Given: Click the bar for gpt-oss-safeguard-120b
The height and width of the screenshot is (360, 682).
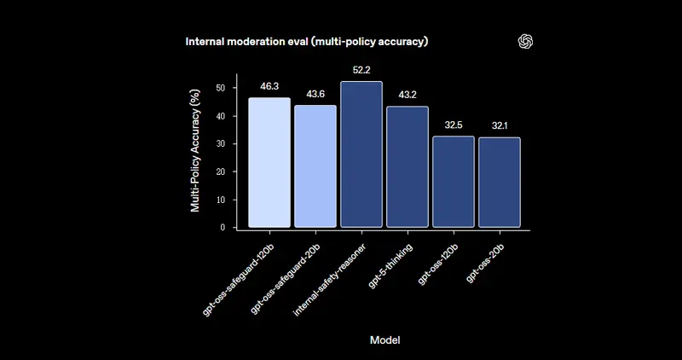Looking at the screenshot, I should click(269, 162).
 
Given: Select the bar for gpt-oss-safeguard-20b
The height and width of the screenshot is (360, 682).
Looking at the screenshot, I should click(315, 166).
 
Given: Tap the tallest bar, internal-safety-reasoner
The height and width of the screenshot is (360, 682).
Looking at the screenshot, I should click(361, 154).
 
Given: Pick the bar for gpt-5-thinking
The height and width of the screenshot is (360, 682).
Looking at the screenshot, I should click(407, 167).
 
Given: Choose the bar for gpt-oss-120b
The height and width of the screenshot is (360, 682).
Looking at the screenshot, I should click(454, 182).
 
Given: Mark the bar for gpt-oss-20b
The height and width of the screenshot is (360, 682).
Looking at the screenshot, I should click(500, 183).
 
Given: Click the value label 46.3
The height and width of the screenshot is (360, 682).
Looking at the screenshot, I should click(269, 87).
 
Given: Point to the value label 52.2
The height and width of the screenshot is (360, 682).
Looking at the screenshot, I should click(361, 70).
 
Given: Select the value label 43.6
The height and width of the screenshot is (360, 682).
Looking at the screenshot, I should click(315, 94).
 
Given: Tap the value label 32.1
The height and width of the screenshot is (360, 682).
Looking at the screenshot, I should click(500, 126).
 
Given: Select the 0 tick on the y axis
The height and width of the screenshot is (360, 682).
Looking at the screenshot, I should click(223, 227).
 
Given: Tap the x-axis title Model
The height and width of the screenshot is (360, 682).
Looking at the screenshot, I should click(385, 340).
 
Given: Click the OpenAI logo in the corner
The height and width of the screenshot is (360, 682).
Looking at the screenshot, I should click(526, 42).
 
